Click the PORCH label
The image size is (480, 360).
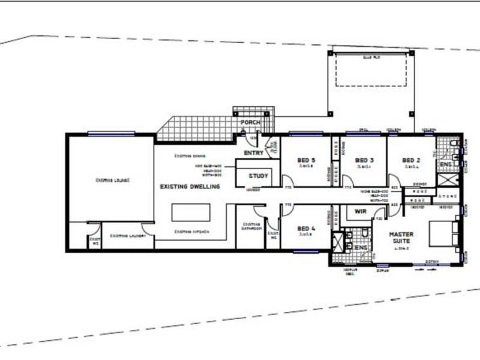pyautogui.click(x=251, y=123)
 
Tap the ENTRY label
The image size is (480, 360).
pyautogui.click(x=253, y=153)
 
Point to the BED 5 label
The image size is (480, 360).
pyautogui.click(x=306, y=161)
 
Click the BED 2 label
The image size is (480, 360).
pyautogui.click(x=411, y=160)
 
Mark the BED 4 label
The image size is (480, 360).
pyautogui.click(x=306, y=229)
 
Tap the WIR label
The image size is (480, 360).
pyautogui.click(x=361, y=212)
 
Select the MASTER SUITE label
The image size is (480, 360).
pyautogui.click(x=400, y=238)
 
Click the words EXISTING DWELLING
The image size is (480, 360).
pyautogui.click(x=190, y=187)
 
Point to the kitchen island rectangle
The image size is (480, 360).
pyautogui.click(x=191, y=212)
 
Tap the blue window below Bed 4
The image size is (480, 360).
pyautogui.click(x=305, y=251)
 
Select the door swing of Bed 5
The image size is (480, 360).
pyautogui.click(x=288, y=181)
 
